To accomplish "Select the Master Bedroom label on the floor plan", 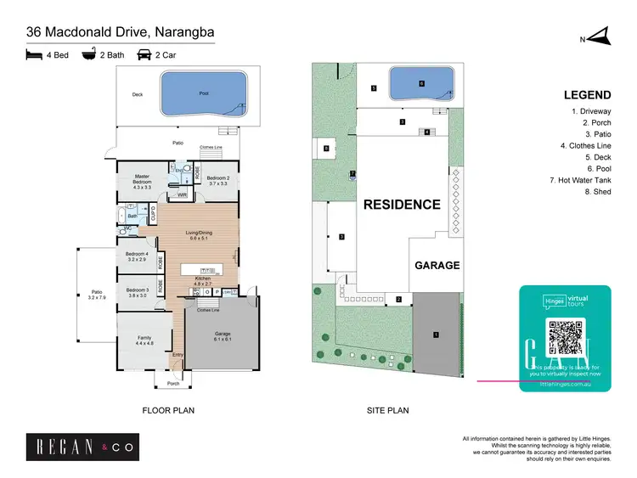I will (x=143, y=183).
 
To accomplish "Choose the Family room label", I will (x=144, y=340).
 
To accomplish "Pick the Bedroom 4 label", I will (x=137, y=257).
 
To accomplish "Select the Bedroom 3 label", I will (x=137, y=293).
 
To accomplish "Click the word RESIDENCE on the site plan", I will (x=402, y=205).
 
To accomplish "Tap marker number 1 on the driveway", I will (x=436, y=335).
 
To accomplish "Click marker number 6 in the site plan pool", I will (x=420, y=83).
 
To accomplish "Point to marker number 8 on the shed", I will (x=326, y=149).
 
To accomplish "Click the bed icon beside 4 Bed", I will (x=34, y=55).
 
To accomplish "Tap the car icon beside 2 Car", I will (x=144, y=55).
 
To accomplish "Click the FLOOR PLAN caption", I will (x=168, y=410).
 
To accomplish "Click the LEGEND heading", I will (x=587, y=95).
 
